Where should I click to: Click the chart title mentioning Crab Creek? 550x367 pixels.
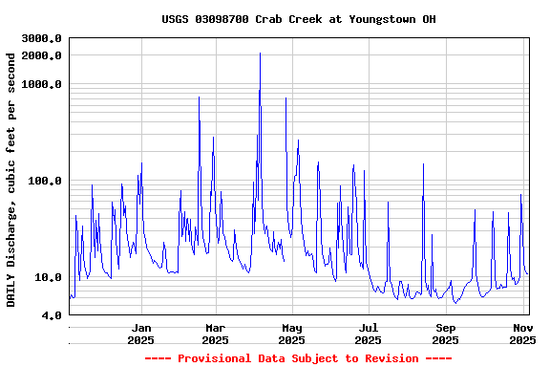(299, 19)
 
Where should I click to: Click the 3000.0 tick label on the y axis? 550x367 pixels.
(42, 38)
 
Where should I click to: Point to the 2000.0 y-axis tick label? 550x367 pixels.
(42, 55)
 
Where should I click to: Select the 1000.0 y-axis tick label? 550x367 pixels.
(42, 84)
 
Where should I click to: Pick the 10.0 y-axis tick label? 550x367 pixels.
(49, 278)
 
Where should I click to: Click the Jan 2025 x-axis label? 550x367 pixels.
(140, 334)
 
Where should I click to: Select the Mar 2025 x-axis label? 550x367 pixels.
(215, 334)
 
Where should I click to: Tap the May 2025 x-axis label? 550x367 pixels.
(292, 334)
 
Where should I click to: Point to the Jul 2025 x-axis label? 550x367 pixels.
(369, 334)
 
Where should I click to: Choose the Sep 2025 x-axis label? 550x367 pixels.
(445, 334)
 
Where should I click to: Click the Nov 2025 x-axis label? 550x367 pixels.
(522, 334)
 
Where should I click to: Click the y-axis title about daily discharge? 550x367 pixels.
(11, 180)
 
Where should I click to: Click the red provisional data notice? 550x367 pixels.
(298, 358)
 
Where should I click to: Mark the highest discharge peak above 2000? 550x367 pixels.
(260, 54)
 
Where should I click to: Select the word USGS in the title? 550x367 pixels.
(175, 19)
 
